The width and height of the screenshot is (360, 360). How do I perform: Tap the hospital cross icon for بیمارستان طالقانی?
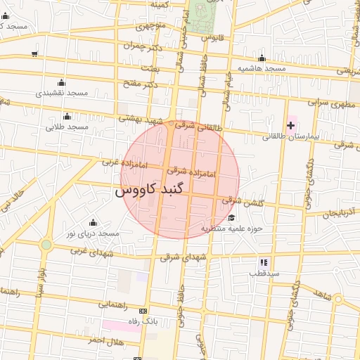(290, 124)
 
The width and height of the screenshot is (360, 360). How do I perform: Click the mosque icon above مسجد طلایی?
(67, 116)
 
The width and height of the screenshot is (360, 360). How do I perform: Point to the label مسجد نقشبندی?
(62, 93)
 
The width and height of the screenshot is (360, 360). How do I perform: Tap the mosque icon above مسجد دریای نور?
(93, 222)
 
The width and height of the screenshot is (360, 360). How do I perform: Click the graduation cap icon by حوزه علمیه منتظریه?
(231, 217)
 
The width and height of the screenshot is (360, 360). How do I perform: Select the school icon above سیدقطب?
(264, 262)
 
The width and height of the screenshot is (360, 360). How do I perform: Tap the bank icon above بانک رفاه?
(144, 311)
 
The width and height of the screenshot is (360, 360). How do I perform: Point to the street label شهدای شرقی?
(184, 258)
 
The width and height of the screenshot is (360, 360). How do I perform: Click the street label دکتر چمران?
(138, 46)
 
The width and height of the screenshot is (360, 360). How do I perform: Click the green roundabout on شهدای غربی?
(46, 245)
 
